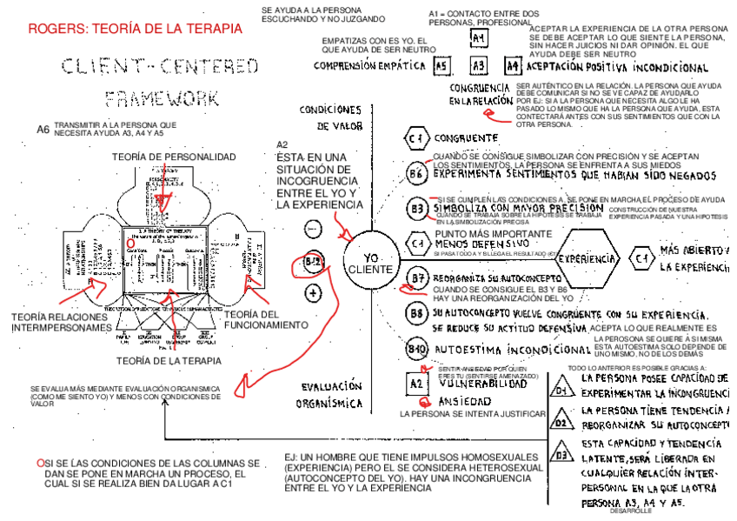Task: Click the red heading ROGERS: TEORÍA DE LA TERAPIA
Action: [135, 30]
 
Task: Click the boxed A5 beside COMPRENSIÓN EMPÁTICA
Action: [442, 65]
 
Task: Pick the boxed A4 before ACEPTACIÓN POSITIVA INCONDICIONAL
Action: [514, 65]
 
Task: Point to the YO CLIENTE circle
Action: [371, 264]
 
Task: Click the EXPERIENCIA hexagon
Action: [588, 258]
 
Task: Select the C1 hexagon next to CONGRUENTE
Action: [418, 138]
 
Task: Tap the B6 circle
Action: [417, 173]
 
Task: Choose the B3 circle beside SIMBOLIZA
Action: [417, 209]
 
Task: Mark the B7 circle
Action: [418, 278]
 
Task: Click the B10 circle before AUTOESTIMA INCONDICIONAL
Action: [418, 350]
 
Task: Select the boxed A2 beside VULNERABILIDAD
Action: [416, 383]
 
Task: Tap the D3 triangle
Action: [562, 454]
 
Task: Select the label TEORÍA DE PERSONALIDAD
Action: [174, 157]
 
